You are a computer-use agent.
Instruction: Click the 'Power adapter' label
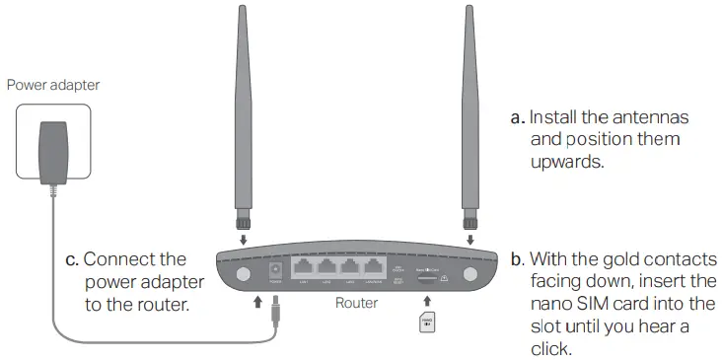(53, 85)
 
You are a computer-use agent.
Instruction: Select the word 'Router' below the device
(355, 303)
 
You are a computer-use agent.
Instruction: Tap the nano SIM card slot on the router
(426, 277)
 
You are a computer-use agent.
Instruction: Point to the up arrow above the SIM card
(426, 298)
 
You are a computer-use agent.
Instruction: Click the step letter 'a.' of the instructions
(517, 118)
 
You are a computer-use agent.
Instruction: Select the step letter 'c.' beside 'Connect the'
(71, 260)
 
